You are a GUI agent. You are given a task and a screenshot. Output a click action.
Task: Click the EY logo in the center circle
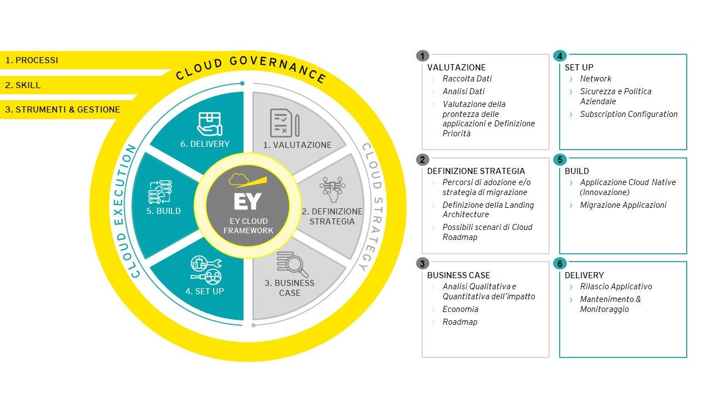(247, 201)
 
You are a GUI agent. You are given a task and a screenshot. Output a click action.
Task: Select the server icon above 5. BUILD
(164, 192)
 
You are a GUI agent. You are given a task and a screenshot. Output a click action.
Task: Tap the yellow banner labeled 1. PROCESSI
(32, 60)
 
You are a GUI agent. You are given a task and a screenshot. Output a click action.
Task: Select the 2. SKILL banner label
(23, 85)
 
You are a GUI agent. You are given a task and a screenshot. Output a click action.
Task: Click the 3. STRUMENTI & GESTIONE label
(63, 110)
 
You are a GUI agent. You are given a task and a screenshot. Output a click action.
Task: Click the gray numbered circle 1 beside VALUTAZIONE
(423, 55)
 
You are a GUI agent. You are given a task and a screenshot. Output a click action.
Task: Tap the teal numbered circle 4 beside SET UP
(560, 56)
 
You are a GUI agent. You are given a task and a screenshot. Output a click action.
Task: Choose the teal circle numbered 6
(560, 264)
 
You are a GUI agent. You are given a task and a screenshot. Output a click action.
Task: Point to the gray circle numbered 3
(423, 264)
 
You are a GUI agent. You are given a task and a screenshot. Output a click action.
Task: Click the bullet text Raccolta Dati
(467, 79)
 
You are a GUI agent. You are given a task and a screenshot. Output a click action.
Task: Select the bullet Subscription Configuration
(628, 114)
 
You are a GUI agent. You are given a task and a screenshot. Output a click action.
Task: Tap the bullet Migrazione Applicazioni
(623, 205)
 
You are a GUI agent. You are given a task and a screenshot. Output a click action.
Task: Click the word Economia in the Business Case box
(460, 309)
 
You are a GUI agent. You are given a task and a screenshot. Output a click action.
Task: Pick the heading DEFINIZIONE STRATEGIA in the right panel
(476, 171)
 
